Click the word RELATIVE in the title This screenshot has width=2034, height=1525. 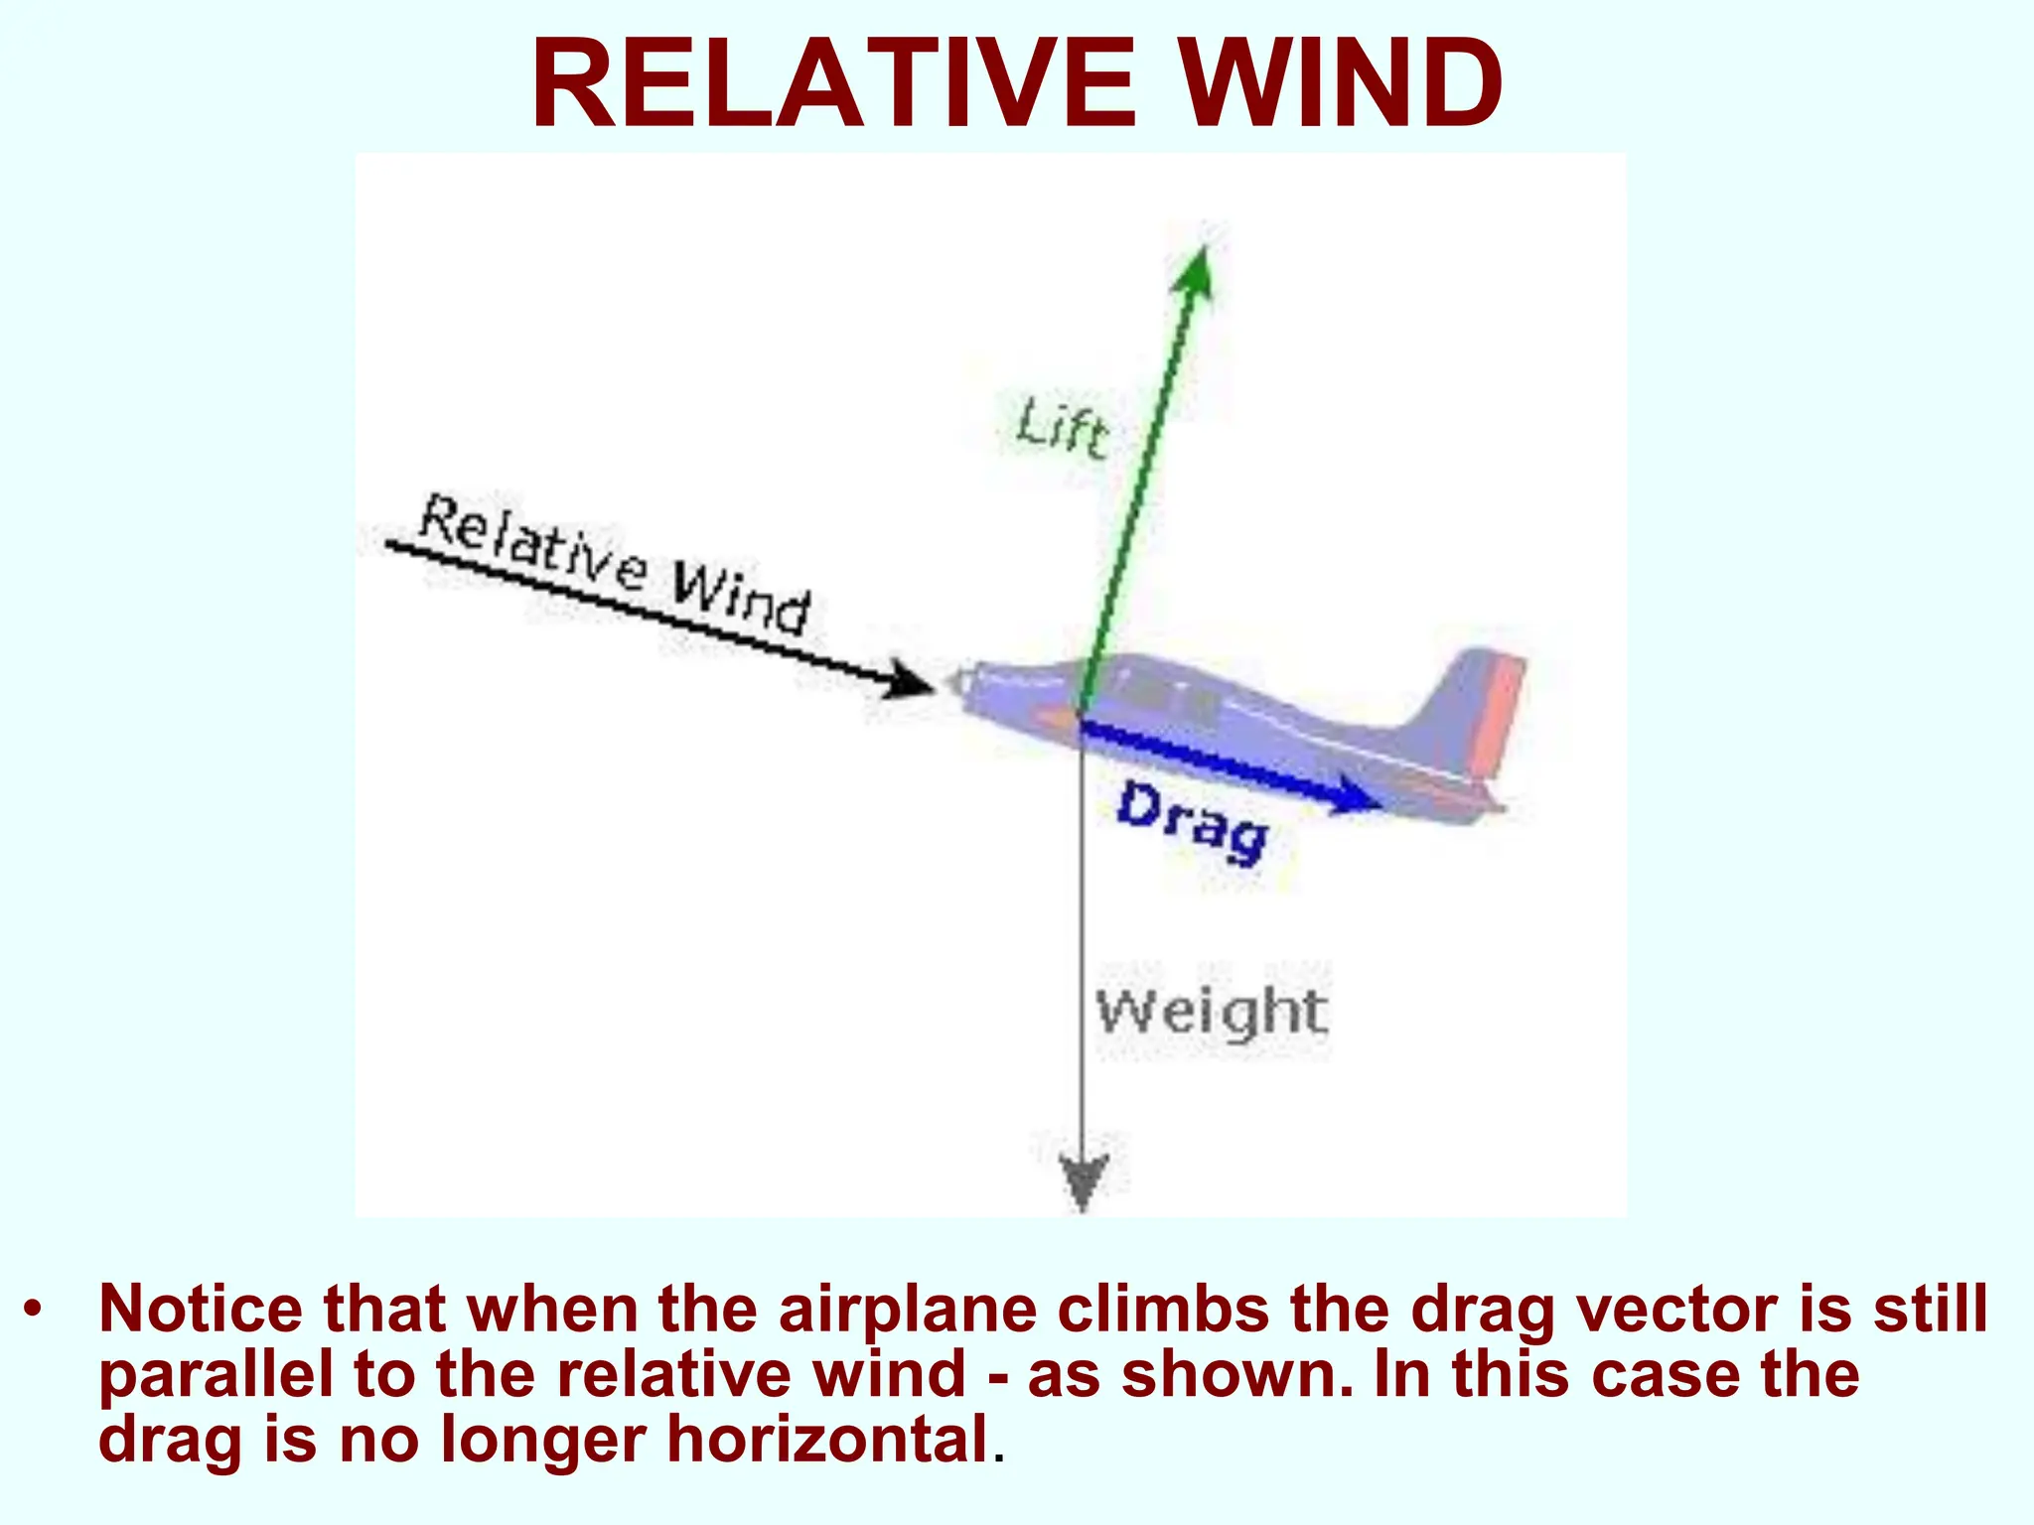(832, 83)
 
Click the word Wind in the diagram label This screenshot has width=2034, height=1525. (741, 596)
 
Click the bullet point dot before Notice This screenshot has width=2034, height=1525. (34, 1310)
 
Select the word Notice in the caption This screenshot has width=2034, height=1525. (199, 1310)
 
